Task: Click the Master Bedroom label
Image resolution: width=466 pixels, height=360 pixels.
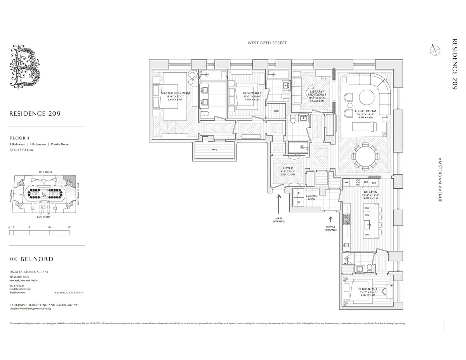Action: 175,93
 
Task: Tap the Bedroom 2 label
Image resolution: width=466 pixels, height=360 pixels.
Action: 252,93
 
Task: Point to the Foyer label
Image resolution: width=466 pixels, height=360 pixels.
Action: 288,168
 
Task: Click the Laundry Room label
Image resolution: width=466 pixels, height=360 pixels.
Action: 311,198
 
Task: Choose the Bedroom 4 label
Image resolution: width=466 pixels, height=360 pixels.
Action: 367,289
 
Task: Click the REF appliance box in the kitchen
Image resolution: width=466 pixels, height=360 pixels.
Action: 374,183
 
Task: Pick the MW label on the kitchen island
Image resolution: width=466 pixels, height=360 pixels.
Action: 367,208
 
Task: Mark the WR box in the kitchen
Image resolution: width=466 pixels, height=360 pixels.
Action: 347,182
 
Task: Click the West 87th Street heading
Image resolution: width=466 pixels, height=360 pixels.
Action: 267,43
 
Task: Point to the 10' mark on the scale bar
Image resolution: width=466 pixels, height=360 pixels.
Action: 49,227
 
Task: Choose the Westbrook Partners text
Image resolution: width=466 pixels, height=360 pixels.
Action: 69,292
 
